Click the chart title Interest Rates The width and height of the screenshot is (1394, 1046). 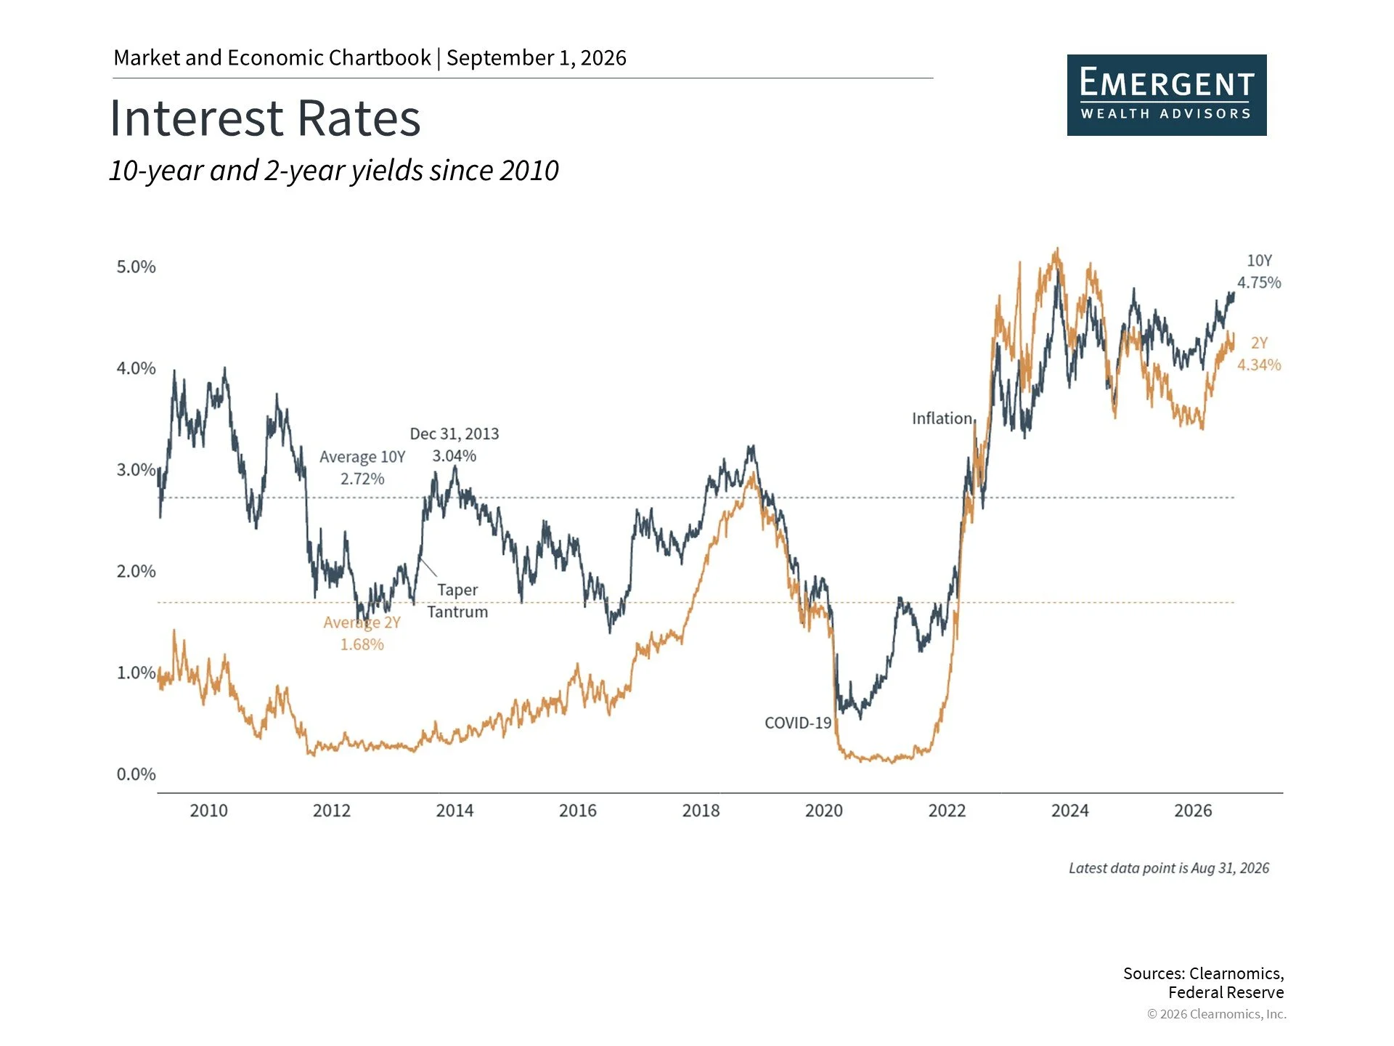tap(265, 118)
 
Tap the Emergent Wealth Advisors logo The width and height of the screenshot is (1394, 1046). tap(1167, 95)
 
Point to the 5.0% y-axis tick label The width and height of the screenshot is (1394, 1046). tap(136, 267)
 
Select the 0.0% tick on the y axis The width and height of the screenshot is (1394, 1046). tap(136, 774)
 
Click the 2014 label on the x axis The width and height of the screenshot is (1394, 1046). tap(455, 811)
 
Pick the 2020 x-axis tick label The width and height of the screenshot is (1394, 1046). tap(824, 811)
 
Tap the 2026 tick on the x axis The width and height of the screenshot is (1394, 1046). tap(1193, 811)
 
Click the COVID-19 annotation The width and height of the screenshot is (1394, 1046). tap(798, 723)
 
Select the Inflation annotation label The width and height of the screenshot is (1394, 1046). tap(942, 418)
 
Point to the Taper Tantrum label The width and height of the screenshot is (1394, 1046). tap(457, 601)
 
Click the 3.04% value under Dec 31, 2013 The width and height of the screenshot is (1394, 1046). tap(455, 456)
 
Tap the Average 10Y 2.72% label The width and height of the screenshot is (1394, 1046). tap(362, 468)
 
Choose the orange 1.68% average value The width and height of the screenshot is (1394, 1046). tap(362, 644)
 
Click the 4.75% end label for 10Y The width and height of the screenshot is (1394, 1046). tap(1259, 283)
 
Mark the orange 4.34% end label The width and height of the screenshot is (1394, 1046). tap(1259, 365)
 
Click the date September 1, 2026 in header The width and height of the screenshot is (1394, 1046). tap(537, 57)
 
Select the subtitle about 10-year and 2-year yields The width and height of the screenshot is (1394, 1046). tap(334, 171)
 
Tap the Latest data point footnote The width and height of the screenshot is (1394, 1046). tap(1169, 868)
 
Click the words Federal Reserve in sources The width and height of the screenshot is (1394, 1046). tap(1226, 992)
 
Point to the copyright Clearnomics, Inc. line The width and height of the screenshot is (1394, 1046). tap(1217, 1014)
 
